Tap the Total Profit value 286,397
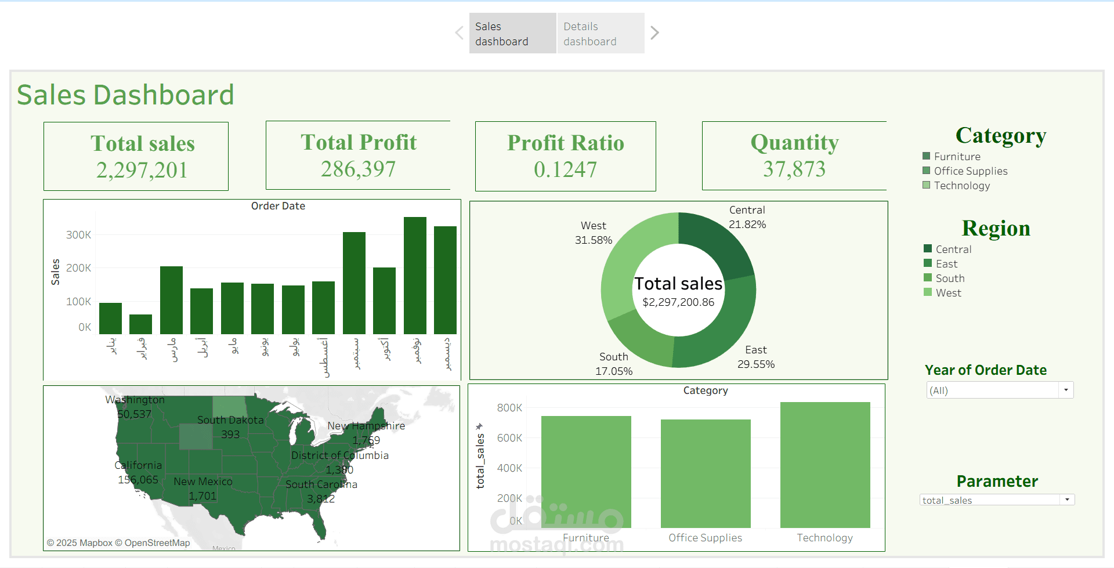[x=358, y=169]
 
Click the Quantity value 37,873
[x=794, y=169]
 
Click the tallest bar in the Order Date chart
[x=415, y=276]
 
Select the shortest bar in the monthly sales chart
[x=140, y=324]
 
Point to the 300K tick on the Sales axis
[x=78, y=235]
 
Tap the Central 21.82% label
[x=747, y=218]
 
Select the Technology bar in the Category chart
[x=824, y=464]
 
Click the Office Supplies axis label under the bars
[x=705, y=538]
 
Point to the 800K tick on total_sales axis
[x=509, y=408]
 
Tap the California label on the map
[x=138, y=465]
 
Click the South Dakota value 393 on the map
[x=230, y=434]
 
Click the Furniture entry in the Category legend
[x=957, y=157]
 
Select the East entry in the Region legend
[x=946, y=264]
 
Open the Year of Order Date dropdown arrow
[x=1066, y=390]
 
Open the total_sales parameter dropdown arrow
[x=1067, y=500]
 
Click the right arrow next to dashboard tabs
[x=654, y=33]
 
